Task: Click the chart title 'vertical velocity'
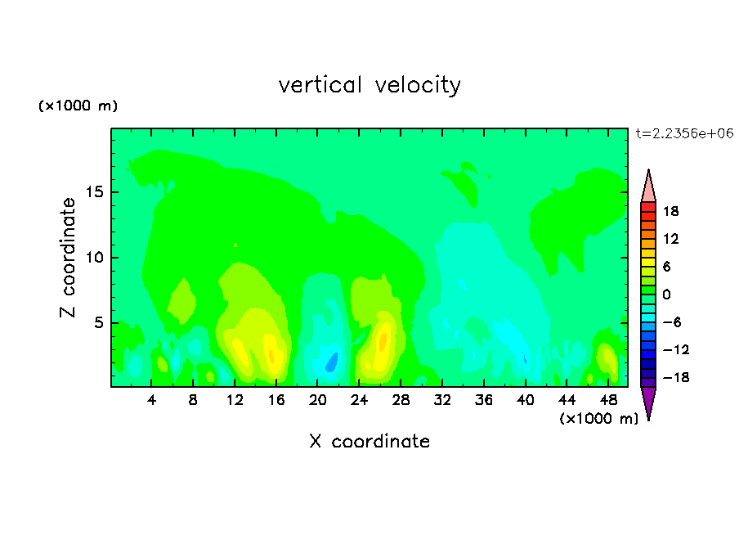(x=369, y=85)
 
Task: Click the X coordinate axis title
(x=369, y=441)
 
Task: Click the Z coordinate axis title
(x=68, y=258)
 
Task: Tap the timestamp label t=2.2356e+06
(x=684, y=133)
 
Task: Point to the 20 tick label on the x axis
(x=317, y=400)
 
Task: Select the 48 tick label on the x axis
(x=608, y=400)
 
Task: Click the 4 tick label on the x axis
(x=151, y=400)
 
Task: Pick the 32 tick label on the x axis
(x=442, y=400)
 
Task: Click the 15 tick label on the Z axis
(x=95, y=192)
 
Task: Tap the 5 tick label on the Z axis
(x=99, y=322)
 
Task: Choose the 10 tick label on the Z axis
(x=95, y=258)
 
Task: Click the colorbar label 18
(x=670, y=211)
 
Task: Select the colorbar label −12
(x=676, y=349)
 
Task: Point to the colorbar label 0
(x=666, y=294)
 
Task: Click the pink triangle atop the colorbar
(x=648, y=186)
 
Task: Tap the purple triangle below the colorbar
(x=648, y=402)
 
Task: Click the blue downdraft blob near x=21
(x=332, y=362)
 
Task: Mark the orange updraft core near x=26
(x=383, y=340)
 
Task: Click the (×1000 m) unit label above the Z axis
(x=78, y=106)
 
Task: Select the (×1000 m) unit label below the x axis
(x=598, y=419)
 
